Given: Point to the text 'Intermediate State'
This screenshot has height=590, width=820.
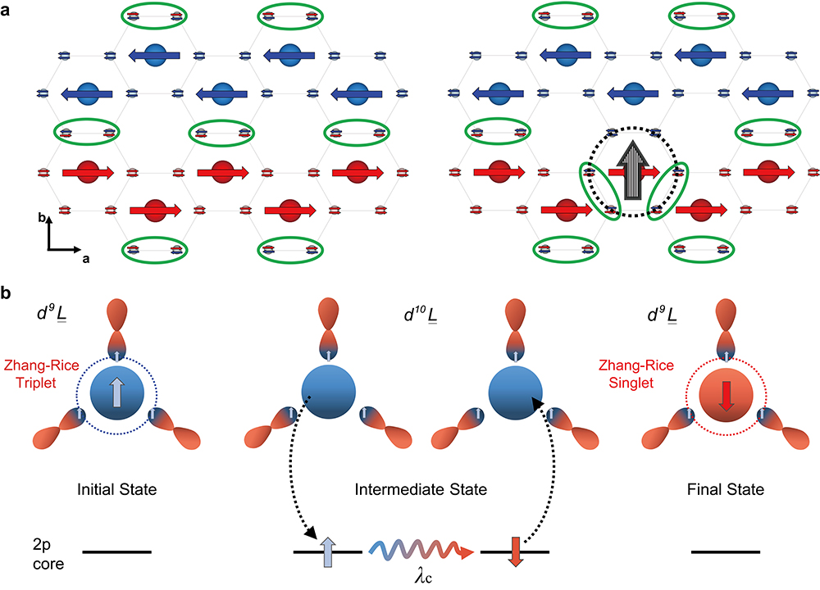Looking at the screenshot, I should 410,490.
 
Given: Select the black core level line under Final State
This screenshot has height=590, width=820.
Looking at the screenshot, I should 725,552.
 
